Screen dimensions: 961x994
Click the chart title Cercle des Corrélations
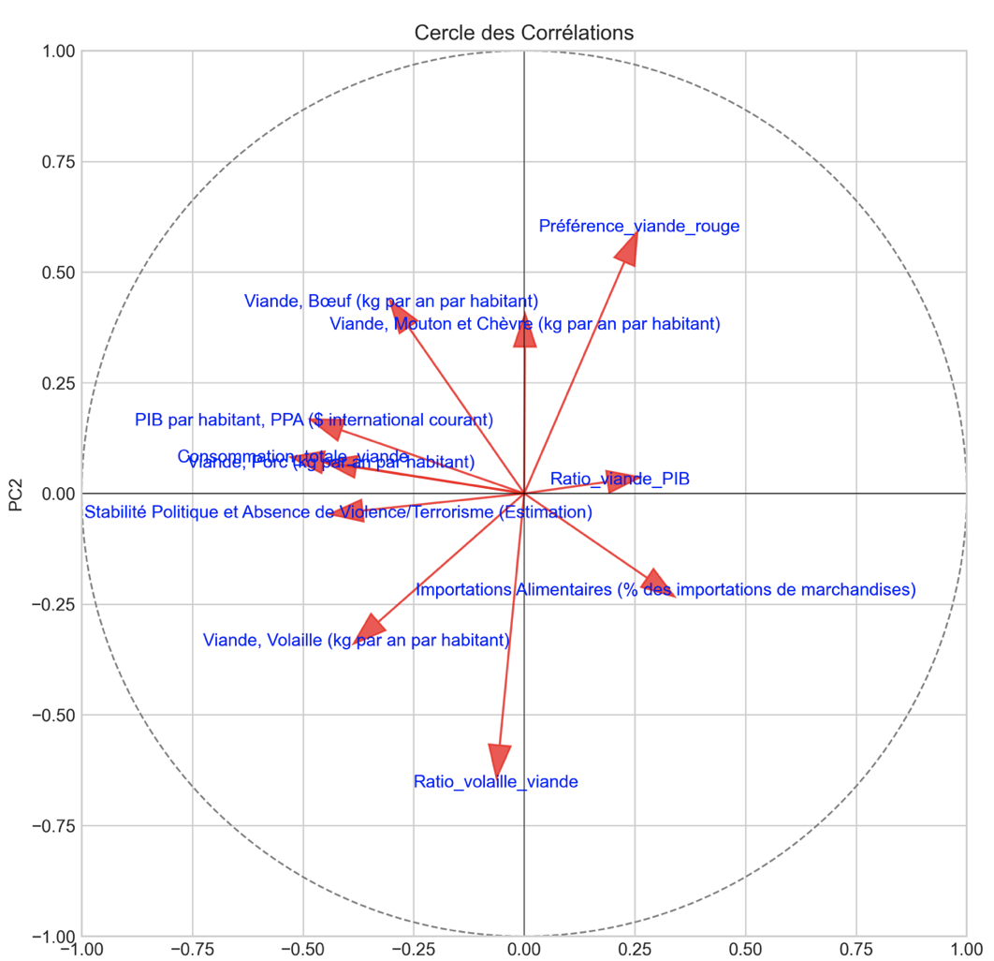pos(524,33)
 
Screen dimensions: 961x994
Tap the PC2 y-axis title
pos(17,494)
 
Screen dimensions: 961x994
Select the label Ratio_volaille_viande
pos(496,782)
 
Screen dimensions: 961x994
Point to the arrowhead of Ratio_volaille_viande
pos(501,760)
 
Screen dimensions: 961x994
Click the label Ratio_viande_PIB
pos(620,480)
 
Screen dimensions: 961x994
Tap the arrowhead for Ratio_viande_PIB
pos(621,480)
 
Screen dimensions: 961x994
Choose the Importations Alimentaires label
pos(665,590)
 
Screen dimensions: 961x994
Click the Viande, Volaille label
pos(356,641)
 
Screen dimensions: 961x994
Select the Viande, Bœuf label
pos(391,302)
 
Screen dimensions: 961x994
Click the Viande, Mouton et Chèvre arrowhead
pos(525,332)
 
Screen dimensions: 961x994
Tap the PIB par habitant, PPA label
pos(314,421)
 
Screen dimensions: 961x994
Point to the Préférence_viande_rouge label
pos(639,226)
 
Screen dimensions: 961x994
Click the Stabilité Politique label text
pos(338,512)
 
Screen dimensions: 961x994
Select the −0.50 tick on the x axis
pos(302,948)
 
